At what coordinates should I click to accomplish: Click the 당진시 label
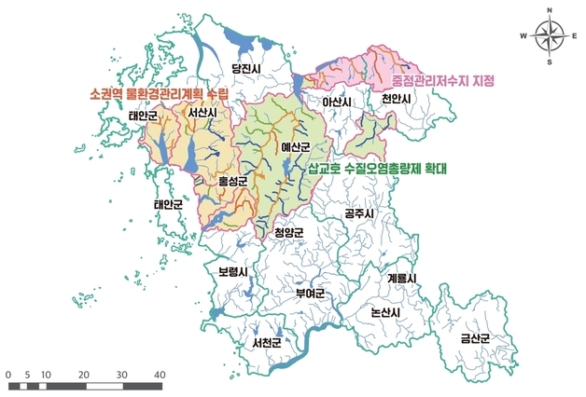(248, 68)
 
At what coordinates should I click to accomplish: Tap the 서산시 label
(202, 114)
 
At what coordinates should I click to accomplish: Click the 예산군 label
(294, 147)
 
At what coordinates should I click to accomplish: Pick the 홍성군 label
(233, 181)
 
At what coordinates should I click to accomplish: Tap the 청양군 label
(289, 232)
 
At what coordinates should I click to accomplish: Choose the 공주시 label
(359, 213)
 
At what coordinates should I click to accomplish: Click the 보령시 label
(232, 272)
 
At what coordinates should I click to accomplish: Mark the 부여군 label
(309, 294)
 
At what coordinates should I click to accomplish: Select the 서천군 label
(268, 343)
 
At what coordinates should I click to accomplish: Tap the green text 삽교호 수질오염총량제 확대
(378, 170)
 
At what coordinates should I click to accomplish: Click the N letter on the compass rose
(549, 10)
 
